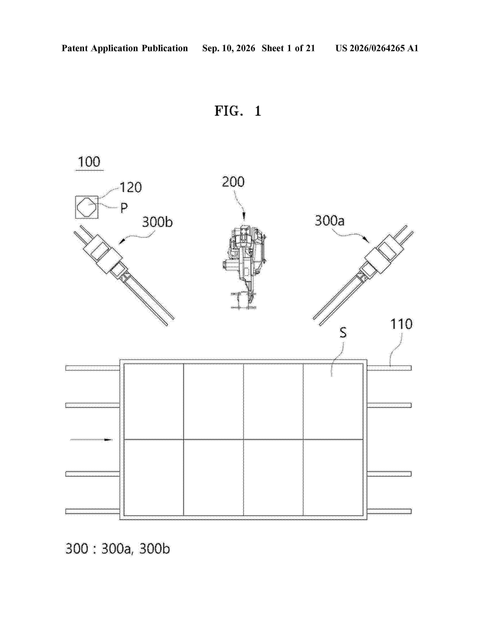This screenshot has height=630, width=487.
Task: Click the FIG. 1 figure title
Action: pyautogui.click(x=238, y=111)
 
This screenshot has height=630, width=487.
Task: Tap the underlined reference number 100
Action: pyautogui.click(x=89, y=162)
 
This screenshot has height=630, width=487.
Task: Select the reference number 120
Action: pyautogui.click(x=131, y=187)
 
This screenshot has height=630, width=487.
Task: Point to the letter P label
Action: pyautogui.click(x=124, y=208)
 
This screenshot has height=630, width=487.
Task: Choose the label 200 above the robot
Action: pyautogui.click(x=233, y=182)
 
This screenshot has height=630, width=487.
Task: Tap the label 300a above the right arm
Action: pyautogui.click(x=329, y=221)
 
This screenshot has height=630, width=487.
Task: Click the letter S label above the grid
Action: pyautogui.click(x=343, y=332)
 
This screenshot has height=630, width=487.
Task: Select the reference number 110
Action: pyautogui.click(x=401, y=324)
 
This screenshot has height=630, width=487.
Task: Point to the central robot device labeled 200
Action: pyautogui.click(x=244, y=267)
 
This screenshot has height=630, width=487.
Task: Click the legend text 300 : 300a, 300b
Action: pyautogui.click(x=118, y=549)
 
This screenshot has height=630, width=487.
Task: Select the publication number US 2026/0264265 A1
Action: pyautogui.click(x=377, y=48)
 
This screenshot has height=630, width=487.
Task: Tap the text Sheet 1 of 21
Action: pyautogui.click(x=288, y=48)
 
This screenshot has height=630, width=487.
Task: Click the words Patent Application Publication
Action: pyautogui.click(x=125, y=48)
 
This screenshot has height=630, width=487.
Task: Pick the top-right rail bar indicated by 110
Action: pyautogui.click(x=389, y=368)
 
